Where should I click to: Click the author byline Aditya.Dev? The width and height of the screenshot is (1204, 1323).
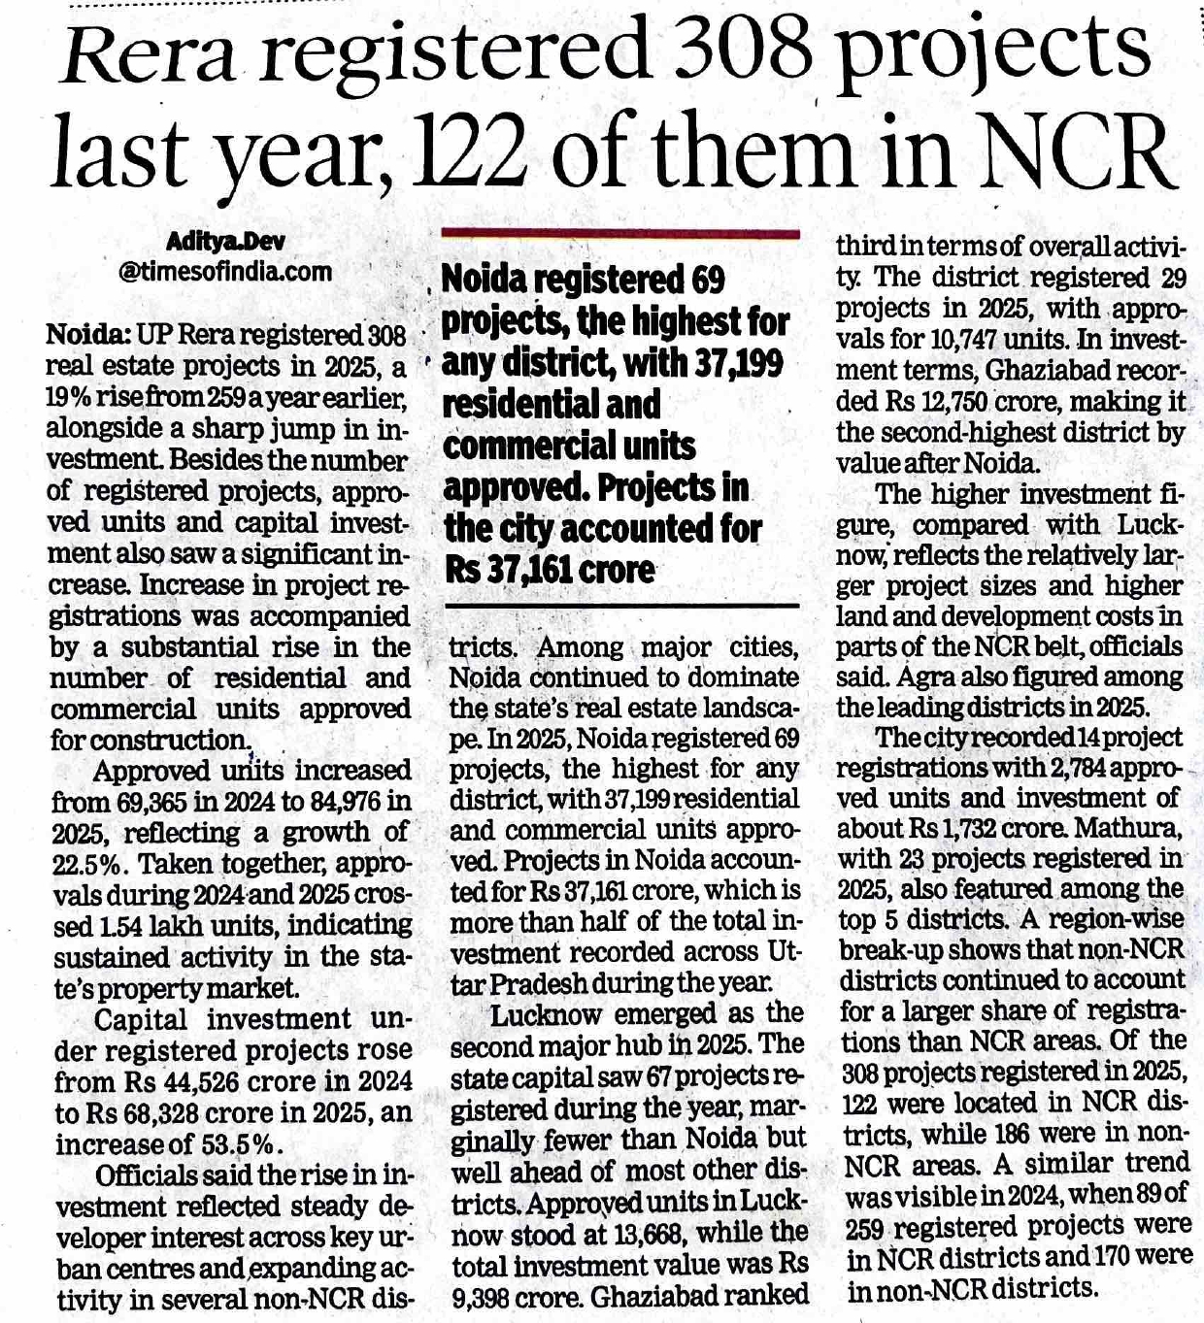coord(225,241)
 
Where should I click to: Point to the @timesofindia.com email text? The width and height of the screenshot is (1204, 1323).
coord(225,272)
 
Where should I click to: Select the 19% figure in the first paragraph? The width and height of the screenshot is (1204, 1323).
coord(71,398)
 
